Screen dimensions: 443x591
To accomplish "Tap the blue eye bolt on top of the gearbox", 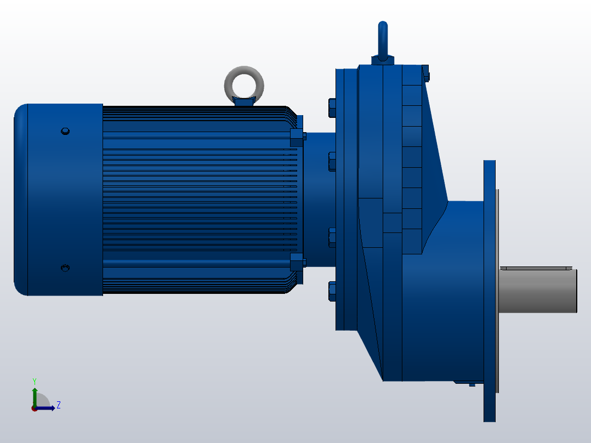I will point(383,38).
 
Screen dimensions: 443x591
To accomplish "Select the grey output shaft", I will point(537,291).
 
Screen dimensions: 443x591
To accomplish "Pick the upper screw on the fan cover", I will point(65,131).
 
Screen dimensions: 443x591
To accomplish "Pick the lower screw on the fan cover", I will point(65,268).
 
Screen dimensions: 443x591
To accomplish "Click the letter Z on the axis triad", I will point(58,405).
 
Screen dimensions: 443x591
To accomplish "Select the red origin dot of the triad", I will point(34,408).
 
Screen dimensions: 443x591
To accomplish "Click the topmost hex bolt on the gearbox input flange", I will point(332,107).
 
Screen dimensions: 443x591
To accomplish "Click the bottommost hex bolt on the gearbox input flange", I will point(332,291).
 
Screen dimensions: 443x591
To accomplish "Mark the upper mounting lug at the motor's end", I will point(297,135).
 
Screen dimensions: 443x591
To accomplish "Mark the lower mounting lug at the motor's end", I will point(297,260).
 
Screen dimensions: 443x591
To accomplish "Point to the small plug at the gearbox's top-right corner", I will point(426,73).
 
